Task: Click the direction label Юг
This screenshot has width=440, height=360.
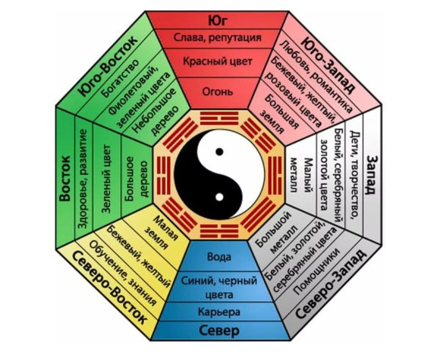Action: (219, 21)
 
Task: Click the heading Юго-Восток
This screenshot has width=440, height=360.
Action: (109, 66)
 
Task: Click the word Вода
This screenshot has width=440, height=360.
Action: (219, 257)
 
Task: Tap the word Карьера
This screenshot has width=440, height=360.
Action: (219, 312)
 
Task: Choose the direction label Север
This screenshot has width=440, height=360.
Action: (219, 331)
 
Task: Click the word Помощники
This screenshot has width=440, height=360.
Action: (317, 270)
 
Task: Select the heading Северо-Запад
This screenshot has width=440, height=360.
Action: (331, 285)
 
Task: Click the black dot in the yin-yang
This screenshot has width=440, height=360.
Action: (219, 151)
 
